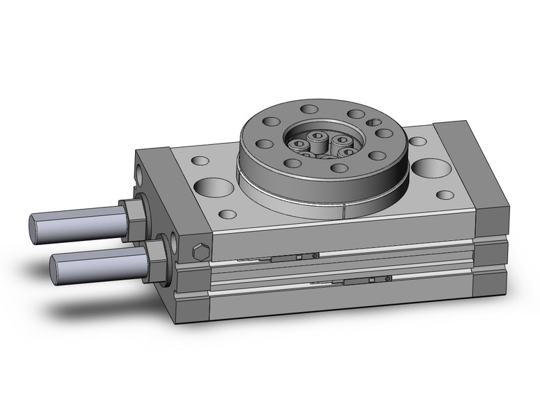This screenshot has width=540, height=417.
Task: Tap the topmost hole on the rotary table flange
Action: coord(310,109)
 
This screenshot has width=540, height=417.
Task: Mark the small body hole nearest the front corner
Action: coord(228,214)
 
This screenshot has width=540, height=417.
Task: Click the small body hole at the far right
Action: coord(445,195)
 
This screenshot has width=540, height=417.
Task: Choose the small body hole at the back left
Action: coord(200,161)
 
